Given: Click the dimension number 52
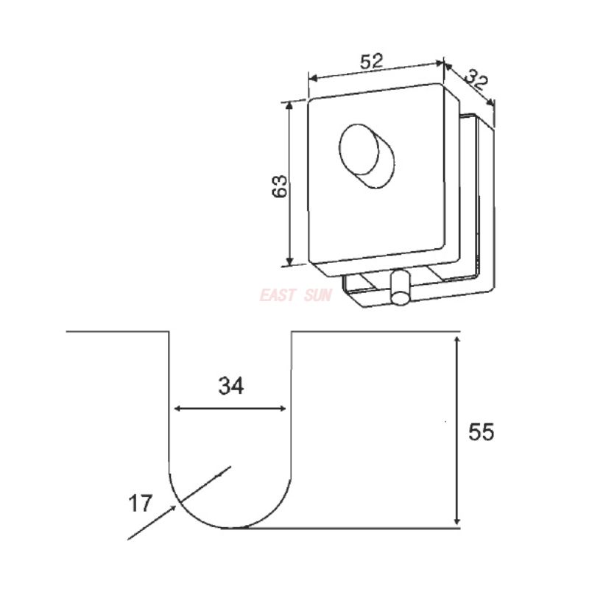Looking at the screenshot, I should coord(373,62).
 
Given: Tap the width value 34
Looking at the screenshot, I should coord(230,384).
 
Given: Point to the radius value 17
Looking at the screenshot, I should coord(140,504).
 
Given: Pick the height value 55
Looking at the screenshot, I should coord(482,431).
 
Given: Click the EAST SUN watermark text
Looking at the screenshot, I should coord(296,296).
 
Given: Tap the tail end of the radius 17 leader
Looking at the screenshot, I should coord(129,539).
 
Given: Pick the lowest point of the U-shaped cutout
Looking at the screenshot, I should coord(230,528).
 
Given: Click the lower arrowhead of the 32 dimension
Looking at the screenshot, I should coord(492,106).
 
